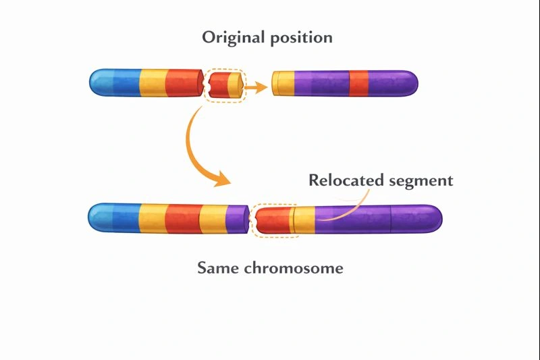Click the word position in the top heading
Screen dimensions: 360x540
coord(300,38)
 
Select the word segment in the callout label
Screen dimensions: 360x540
coord(422,181)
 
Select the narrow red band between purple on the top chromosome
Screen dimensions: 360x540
coord(358,82)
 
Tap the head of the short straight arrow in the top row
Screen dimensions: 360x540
coord(262,85)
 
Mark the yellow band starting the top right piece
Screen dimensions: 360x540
coord(283,83)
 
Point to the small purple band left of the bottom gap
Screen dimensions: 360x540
coord(236,217)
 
